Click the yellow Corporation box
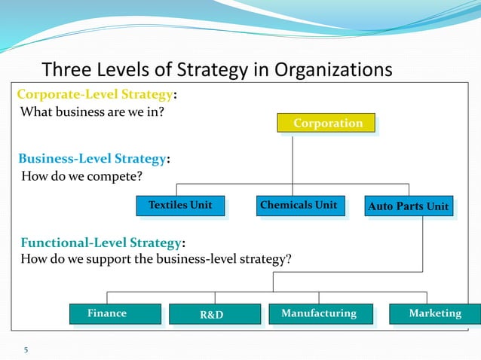tap(327, 124)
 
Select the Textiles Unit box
tap(181, 206)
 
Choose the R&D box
tap(213, 315)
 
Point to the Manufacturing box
tap(319, 314)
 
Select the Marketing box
tap(435, 314)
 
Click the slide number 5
tap(26, 349)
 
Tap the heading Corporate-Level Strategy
tap(96, 96)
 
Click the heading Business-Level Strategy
tap(91, 159)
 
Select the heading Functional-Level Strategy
tap(100, 243)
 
